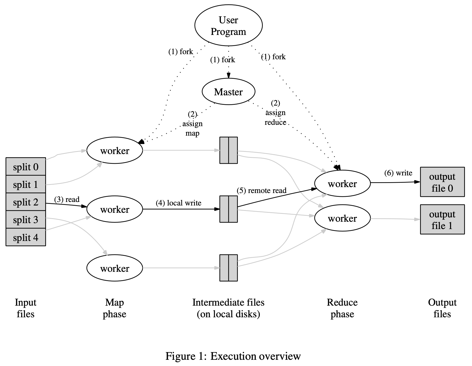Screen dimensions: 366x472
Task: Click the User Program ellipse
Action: tap(228, 25)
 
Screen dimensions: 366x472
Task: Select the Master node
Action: tap(228, 92)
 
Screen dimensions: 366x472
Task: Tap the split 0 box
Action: tap(26, 167)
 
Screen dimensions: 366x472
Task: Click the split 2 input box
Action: tap(26, 202)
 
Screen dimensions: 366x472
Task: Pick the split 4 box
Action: tap(26, 237)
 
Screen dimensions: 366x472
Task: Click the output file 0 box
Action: tap(442, 182)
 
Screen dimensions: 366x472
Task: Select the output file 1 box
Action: tap(442, 220)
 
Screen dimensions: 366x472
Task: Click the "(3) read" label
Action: tap(67, 200)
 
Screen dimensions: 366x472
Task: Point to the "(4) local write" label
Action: tap(178, 203)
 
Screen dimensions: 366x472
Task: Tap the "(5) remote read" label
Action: tap(261, 191)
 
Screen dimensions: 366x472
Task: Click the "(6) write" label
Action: tap(398, 173)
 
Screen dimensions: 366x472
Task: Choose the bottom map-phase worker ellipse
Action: tap(114, 268)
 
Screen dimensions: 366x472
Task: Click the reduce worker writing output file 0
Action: tap(342, 184)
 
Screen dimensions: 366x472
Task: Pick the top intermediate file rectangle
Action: tap(228, 150)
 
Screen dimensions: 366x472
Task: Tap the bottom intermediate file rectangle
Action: tap(228, 268)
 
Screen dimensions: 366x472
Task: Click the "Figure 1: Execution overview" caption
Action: tap(233, 356)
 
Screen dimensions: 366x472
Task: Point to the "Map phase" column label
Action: tap(114, 308)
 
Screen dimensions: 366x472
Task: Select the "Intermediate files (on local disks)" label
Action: tap(228, 308)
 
